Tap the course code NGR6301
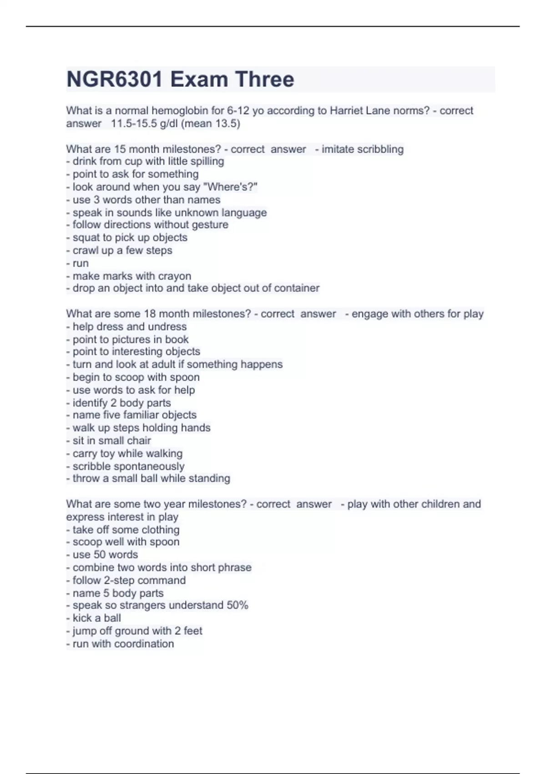pyautogui.click(x=114, y=79)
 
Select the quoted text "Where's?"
pyautogui.click(x=233, y=187)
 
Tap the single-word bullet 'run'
pyautogui.click(x=81, y=263)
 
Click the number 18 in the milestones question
pyautogui.click(x=150, y=314)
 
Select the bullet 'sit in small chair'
pyautogui.click(x=111, y=440)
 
